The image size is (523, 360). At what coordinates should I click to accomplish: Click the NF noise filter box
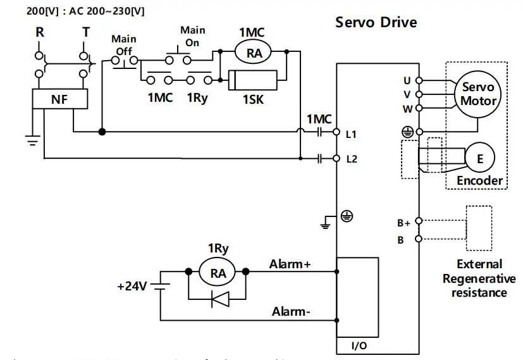click(60, 99)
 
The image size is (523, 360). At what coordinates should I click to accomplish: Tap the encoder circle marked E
click(480, 159)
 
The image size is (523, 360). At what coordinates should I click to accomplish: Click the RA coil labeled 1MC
click(254, 54)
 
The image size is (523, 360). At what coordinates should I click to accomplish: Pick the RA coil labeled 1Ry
click(218, 273)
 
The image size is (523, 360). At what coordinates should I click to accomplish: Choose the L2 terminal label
click(352, 159)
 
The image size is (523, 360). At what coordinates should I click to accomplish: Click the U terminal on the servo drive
click(417, 81)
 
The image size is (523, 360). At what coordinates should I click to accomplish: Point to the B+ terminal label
click(403, 223)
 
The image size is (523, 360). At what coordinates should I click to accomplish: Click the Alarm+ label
click(290, 264)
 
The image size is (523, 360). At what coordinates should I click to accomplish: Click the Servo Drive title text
click(376, 23)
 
